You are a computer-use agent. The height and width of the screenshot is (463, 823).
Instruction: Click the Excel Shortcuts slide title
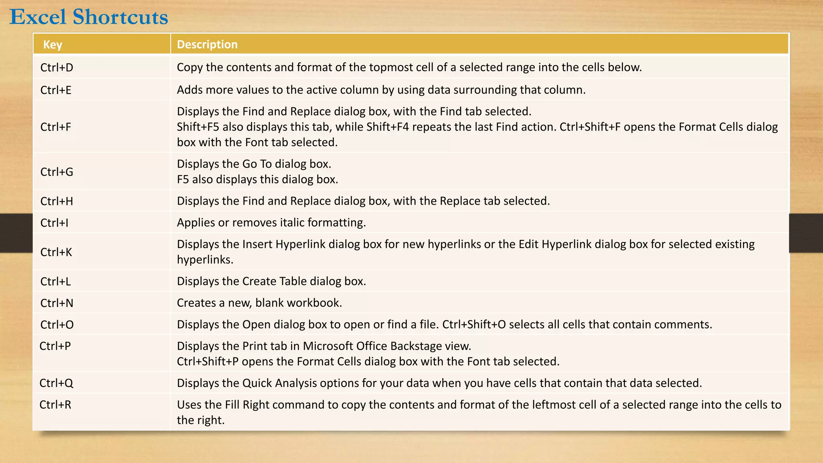(x=89, y=17)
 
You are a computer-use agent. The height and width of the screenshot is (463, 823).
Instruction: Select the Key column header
(x=53, y=44)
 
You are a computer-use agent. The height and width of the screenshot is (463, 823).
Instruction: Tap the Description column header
(x=207, y=44)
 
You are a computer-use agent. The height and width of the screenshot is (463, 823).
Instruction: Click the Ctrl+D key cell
(x=57, y=68)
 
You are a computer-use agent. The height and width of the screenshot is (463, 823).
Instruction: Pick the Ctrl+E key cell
(x=56, y=90)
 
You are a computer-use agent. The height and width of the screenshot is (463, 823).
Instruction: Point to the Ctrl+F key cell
(x=56, y=127)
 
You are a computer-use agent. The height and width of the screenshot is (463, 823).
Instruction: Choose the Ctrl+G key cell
(x=57, y=172)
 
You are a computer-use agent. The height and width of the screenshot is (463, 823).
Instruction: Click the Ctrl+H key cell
(x=57, y=201)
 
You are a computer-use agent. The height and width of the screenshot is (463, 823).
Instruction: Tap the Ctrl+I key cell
(x=54, y=223)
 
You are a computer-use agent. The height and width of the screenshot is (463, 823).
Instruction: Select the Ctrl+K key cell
(x=56, y=252)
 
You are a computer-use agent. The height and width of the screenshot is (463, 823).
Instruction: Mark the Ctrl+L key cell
(x=55, y=281)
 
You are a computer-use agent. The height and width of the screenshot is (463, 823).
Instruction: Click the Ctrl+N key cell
(x=57, y=303)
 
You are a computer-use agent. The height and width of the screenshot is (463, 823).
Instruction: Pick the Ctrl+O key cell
(x=57, y=325)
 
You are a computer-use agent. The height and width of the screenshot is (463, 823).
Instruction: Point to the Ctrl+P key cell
(x=55, y=346)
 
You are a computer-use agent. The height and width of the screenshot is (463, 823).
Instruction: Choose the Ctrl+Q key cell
(x=56, y=383)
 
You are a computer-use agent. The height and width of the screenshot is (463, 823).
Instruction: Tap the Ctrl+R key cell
(x=55, y=405)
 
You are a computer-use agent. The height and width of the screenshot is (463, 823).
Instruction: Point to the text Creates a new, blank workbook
(x=259, y=303)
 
